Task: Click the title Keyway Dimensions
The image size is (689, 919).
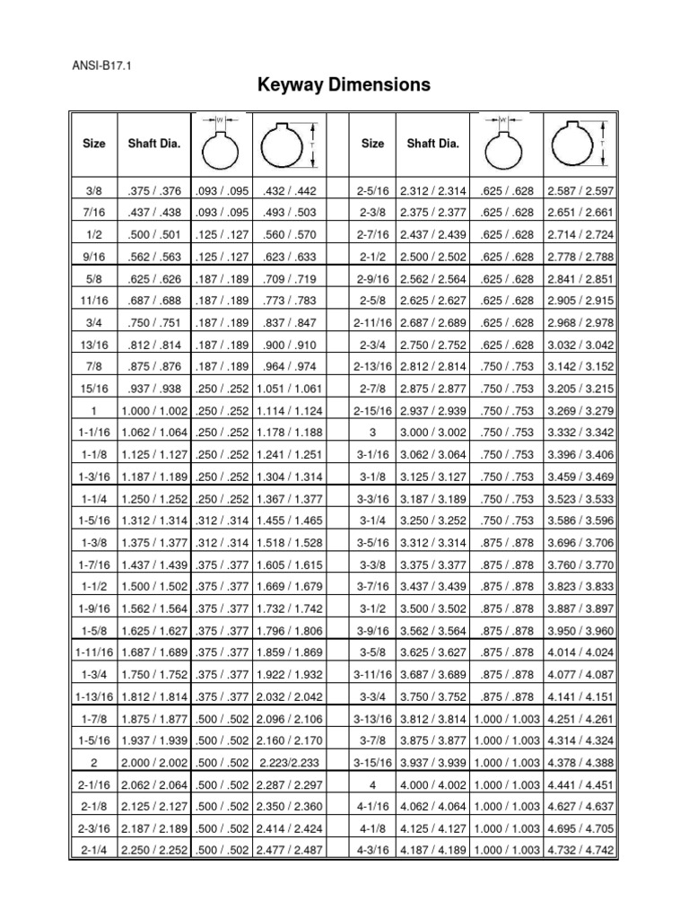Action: coord(344,85)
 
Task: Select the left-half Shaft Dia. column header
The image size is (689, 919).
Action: coord(155,144)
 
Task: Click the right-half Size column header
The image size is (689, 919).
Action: coord(372,144)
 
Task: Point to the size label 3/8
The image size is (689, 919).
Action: coord(93,191)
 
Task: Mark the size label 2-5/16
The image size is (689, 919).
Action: coord(372,191)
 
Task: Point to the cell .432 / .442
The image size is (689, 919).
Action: coord(288,191)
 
